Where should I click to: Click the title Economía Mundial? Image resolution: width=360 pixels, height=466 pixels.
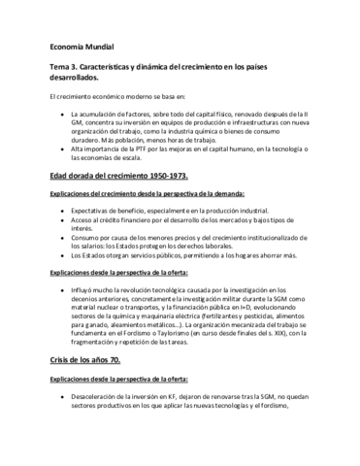point(81,46)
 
